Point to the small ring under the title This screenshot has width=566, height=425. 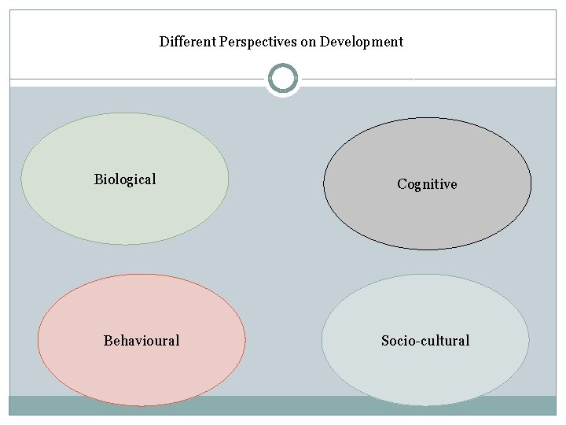[282, 79]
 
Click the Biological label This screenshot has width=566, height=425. [125, 179]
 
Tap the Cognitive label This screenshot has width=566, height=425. [427, 184]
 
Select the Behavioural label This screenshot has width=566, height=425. [141, 341]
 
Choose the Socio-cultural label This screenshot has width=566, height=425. [425, 341]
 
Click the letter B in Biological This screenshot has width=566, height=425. [98, 179]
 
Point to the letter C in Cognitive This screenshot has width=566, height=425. [402, 184]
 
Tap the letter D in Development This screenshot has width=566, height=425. [325, 42]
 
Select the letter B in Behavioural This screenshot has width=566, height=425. [108, 341]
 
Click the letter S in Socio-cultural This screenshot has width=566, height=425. [385, 341]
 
